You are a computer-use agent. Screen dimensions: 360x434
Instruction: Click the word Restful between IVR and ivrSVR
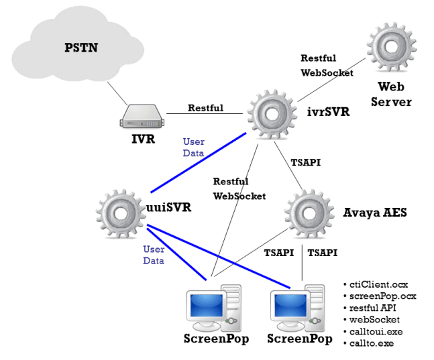[206, 107]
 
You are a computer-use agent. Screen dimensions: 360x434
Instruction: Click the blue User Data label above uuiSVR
[193, 147]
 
